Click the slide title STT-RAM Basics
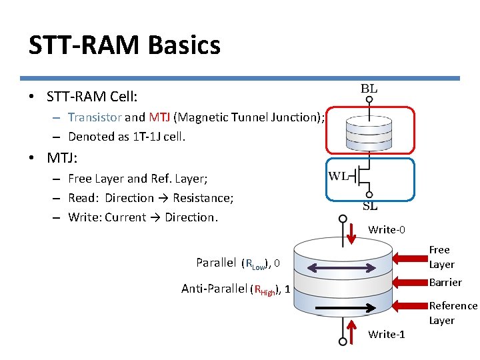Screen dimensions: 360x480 point(124,45)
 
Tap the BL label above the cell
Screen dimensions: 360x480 point(369,89)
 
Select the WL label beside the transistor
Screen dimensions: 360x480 point(338,176)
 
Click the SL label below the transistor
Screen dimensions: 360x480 point(369,206)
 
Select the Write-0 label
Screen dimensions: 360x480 point(386,229)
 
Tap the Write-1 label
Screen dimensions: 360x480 point(386,334)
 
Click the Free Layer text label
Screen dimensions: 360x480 point(441,257)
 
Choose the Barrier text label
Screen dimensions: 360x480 point(445,282)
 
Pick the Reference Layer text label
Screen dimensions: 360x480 point(453,313)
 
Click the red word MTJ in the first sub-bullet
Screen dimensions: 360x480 point(159,117)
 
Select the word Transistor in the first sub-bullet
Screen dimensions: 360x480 point(95,117)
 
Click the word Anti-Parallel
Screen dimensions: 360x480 point(214,289)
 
